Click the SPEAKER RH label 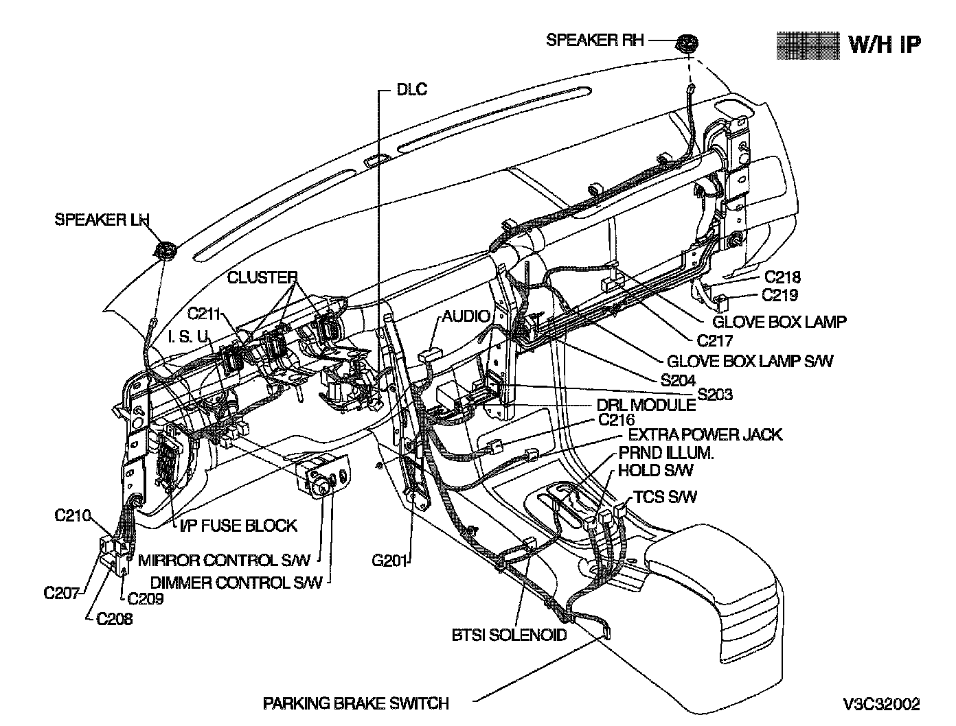click(x=595, y=40)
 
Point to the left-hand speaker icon click(x=165, y=250)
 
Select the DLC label click(x=411, y=89)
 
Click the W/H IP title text click(x=885, y=44)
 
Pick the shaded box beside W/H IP click(x=808, y=44)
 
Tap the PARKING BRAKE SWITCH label click(x=356, y=703)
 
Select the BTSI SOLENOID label click(x=509, y=635)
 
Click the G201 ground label click(x=389, y=561)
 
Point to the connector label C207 click(x=62, y=593)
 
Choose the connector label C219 click(x=782, y=296)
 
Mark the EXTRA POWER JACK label click(x=705, y=434)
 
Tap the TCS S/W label click(x=665, y=496)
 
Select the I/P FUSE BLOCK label click(x=238, y=526)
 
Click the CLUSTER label click(x=262, y=277)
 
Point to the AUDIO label click(x=466, y=316)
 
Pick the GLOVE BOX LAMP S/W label click(x=749, y=360)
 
